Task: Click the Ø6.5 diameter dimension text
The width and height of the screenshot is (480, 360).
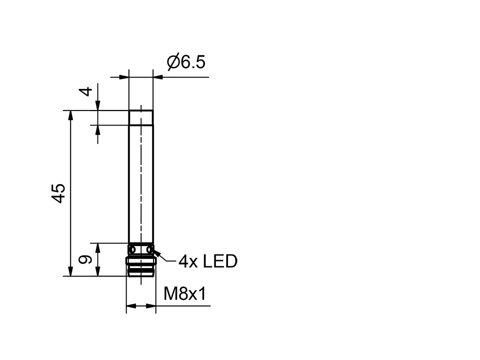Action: coord(186,63)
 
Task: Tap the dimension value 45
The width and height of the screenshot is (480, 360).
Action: coord(58,193)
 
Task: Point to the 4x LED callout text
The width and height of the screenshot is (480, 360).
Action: coord(208,261)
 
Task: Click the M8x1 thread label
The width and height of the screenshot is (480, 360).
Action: coord(185,294)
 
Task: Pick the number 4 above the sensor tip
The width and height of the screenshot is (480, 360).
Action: coord(87,91)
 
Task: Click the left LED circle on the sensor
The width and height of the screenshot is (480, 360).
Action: coord(132,249)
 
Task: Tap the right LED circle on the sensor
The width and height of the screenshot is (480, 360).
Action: coord(149,249)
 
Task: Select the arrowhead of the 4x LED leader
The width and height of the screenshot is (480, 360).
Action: coord(157,253)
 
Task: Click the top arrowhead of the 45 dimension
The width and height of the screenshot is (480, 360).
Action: coord(70,116)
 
